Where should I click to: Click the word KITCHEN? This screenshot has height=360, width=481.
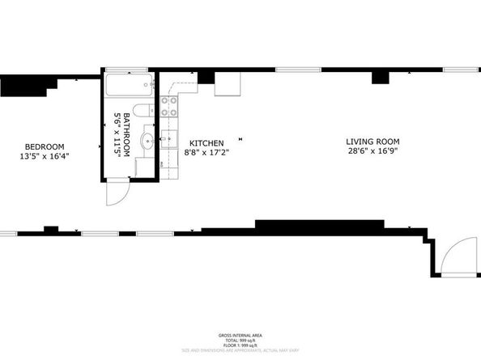(201, 142)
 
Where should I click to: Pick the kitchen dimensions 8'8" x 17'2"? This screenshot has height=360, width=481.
(201, 151)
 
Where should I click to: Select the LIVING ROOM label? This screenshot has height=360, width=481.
(373, 142)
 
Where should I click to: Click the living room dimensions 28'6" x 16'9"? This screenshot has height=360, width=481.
(373, 151)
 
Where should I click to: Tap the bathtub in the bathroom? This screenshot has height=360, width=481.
(126, 86)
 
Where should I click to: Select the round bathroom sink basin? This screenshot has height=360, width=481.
(147, 142)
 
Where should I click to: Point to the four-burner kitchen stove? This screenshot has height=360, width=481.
(170, 106)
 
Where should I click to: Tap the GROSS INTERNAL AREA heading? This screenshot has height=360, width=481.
(240, 335)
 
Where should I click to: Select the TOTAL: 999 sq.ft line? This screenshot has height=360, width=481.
(240, 340)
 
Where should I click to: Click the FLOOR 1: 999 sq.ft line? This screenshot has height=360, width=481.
(240, 345)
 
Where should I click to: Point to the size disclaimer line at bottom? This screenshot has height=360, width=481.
(240, 351)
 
